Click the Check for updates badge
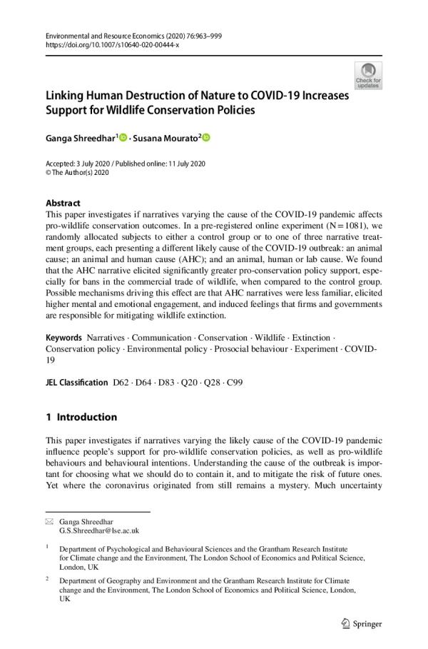pos(368,75)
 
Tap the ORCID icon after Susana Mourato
pos(207,137)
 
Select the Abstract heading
pos(63,203)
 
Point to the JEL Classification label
pos(76,383)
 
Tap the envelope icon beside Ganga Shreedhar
pos(49,522)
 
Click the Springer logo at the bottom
pos(362,623)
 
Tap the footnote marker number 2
pos(48,579)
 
